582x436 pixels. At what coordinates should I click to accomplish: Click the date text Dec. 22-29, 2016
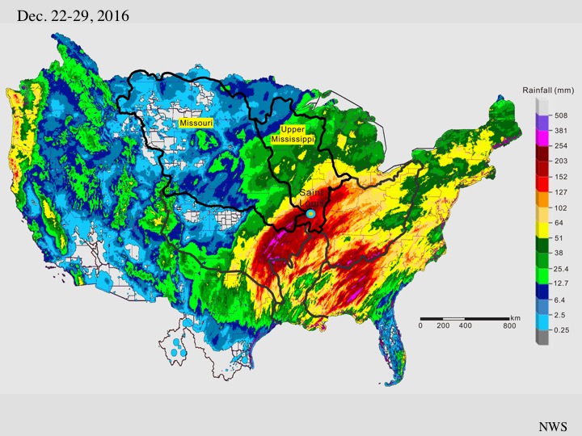tap(72, 15)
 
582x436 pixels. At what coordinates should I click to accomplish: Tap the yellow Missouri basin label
tap(196, 122)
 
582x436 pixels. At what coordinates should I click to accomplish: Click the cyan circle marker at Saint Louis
tap(310, 213)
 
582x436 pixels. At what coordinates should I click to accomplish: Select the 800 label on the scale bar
tap(508, 325)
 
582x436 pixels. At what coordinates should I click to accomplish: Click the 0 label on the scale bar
tap(420, 325)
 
